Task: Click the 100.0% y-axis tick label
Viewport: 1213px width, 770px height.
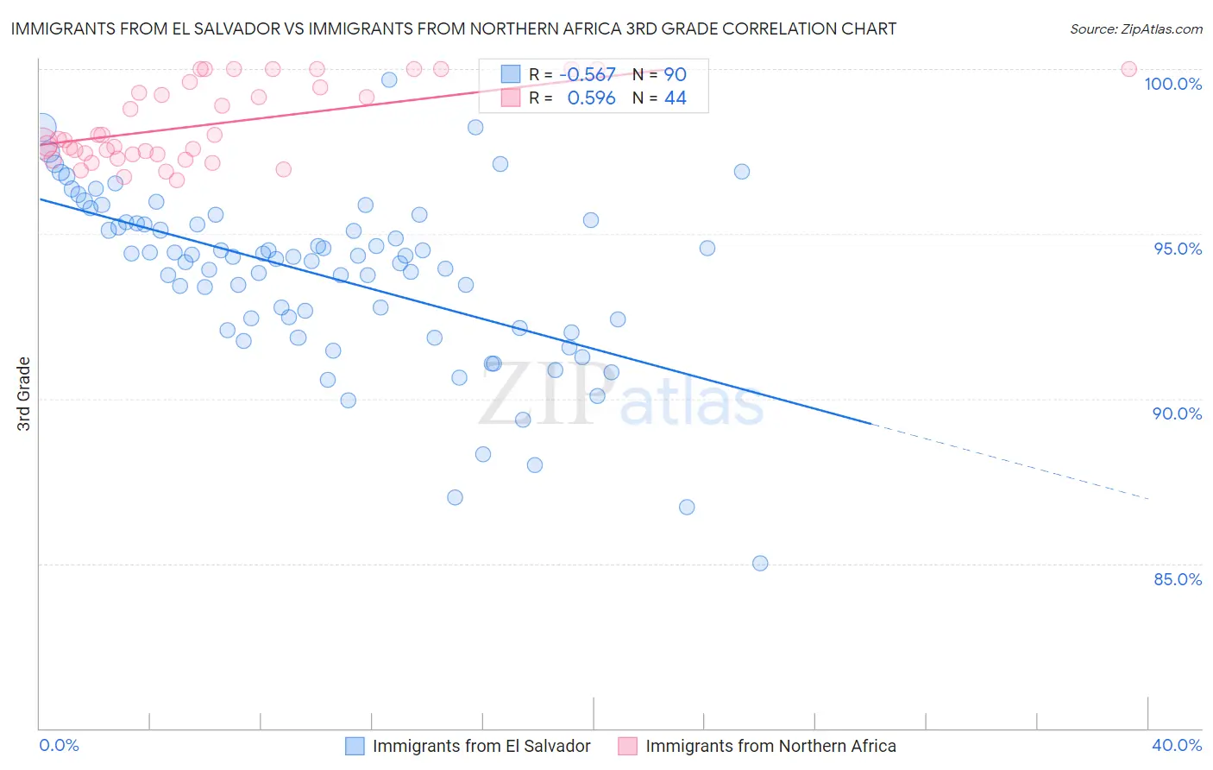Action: pos(1172,84)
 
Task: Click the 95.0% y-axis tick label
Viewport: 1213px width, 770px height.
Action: pos(1178,249)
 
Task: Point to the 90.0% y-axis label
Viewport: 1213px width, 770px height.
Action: pos(1178,413)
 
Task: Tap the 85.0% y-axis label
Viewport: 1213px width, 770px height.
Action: pos(1178,579)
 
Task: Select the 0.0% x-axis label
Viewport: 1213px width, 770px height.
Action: pos(59,746)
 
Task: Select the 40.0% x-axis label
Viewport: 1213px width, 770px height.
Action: pos(1177,746)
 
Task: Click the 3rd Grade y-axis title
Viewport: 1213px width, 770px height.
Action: pos(24,394)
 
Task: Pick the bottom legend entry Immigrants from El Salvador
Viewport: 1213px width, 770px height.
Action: pos(481,747)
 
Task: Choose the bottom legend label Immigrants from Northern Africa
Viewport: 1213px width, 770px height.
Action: pos(770,747)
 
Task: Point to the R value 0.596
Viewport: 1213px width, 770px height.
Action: pos(591,98)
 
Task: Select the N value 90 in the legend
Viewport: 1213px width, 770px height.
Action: pos(675,75)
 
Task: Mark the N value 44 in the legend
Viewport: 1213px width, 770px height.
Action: pos(675,98)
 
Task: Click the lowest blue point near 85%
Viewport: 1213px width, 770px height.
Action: pos(760,564)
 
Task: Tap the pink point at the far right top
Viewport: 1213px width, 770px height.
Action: pos(1128,69)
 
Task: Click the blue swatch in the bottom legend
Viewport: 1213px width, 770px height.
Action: pos(355,747)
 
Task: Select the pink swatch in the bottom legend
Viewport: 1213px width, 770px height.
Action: pos(627,747)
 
